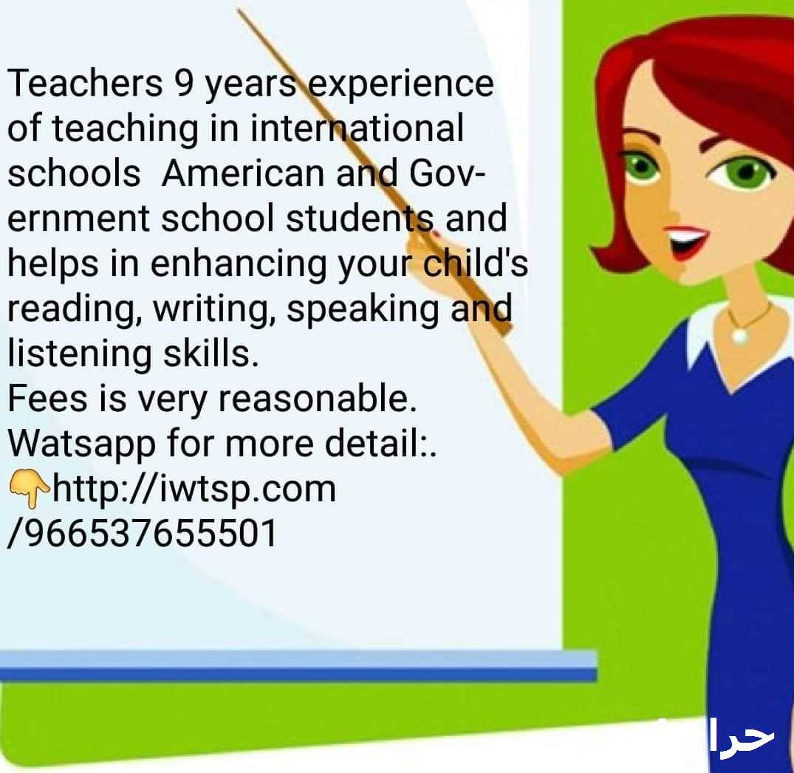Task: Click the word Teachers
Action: (x=84, y=83)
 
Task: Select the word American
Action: (x=242, y=173)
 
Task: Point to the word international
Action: (x=357, y=128)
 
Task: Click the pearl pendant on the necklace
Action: (x=740, y=334)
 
